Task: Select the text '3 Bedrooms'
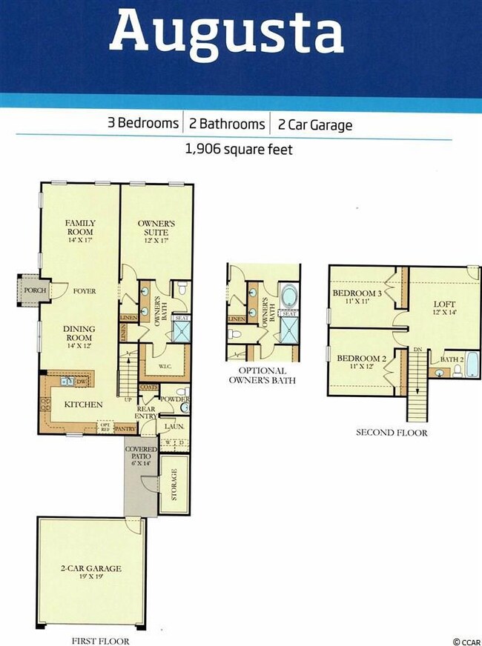(143, 124)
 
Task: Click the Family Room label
(80, 227)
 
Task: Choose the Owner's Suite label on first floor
(156, 227)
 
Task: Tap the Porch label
(31, 290)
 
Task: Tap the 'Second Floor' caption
(392, 433)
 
